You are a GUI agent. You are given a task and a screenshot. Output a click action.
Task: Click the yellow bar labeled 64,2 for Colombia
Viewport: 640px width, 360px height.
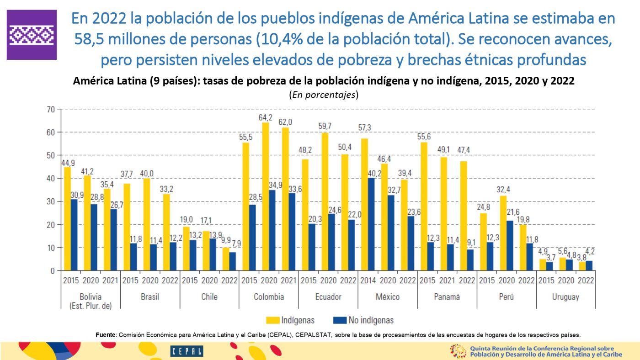pyautogui.click(x=266, y=196)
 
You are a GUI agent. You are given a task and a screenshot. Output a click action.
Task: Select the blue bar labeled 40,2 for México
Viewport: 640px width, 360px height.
pyautogui.click(x=371, y=224)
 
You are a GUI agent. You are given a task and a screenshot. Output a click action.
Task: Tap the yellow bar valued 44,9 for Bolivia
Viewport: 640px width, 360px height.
pyautogui.click(x=68, y=219)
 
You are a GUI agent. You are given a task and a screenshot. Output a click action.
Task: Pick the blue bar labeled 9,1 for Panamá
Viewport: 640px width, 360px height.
pyautogui.click(x=469, y=260)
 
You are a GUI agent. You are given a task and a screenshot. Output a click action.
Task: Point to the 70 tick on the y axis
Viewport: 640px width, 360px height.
pyautogui.click(x=50, y=109)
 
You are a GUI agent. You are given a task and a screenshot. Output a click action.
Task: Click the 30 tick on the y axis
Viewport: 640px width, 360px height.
pyautogui.click(x=50, y=201)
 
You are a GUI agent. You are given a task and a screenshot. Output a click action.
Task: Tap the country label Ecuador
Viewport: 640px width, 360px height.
pyautogui.click(x=328, y=297)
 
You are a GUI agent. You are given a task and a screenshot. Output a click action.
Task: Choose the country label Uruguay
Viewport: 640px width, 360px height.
pyautogui.click(x=565, y=297)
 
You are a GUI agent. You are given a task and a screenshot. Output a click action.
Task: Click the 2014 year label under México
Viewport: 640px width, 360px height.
pyautogui.click(x=368, y=281)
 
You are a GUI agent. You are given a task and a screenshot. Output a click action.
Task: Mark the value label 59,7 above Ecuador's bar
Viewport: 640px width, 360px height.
pyautogui.click(x=325, y=126)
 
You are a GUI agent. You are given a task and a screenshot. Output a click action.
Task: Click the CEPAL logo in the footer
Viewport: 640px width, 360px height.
pyautogui.click(x=187, y=351)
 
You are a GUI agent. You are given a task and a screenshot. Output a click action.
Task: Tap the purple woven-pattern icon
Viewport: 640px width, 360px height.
pyautogui.click(x=32, y=35)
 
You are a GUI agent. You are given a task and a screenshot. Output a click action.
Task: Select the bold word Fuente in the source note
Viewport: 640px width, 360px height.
pyautogui.click(x=105, y=334)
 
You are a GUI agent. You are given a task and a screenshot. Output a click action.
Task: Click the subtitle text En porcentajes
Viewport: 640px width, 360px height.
pyautogui.click(x=323, y=95)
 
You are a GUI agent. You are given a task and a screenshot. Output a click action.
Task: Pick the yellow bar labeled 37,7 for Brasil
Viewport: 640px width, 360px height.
pyautogui.click(x=127, y=227)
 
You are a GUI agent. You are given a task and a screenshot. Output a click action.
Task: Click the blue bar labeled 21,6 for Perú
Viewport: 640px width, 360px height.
pyautogui.click(x=510, y=246)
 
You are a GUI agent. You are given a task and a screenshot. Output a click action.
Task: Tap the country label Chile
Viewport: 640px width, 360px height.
pyautogui.click(x=209, y=297)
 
